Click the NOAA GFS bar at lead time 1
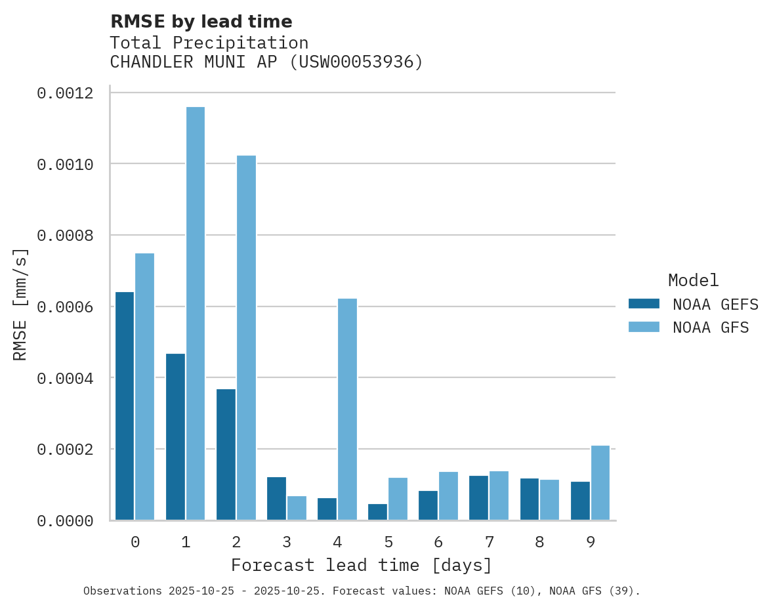pyautogui.click(x=196, y=314)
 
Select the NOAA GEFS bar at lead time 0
pyautogui.click(x=125, y=406)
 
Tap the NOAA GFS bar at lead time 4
pyautogui.click(x=347, y=409)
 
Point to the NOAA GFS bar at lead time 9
pyautogui.click(x=600, y=483)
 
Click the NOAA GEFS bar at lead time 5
pyautogui.click(x=377, y=512)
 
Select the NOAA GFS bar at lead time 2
pyautogui.click(x=246, y=338)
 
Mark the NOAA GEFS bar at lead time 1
pyautogui.click(x=175, y=437)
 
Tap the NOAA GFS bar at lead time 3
pyautogui.click(x=297, y=508)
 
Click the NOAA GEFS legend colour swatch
pyautogui.click(x=644, y=304)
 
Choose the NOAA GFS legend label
pyautogui.click(x=711, y=327)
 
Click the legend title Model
pyautogui.click(x=693, y=280)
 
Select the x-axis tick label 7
pyautogui.click(x=490, y=542)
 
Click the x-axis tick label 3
pyautogui.click(x=287, y=542)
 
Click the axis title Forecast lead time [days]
pyautogui.click(x=362, y=565)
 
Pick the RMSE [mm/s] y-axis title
pyautogui.click(x=20, y=304)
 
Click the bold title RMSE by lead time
pyautogui.click(x=201, y=22)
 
